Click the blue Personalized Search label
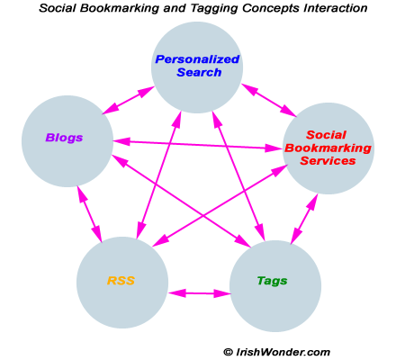click(197, 66)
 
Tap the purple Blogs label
click(65, 138)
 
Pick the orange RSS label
click(121, 281)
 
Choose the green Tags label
click(272, 281)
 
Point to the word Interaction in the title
click(328, 8)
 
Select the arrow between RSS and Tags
click(199, 292)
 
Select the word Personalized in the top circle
click(197, 59)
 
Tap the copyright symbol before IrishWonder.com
click(228, 351)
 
